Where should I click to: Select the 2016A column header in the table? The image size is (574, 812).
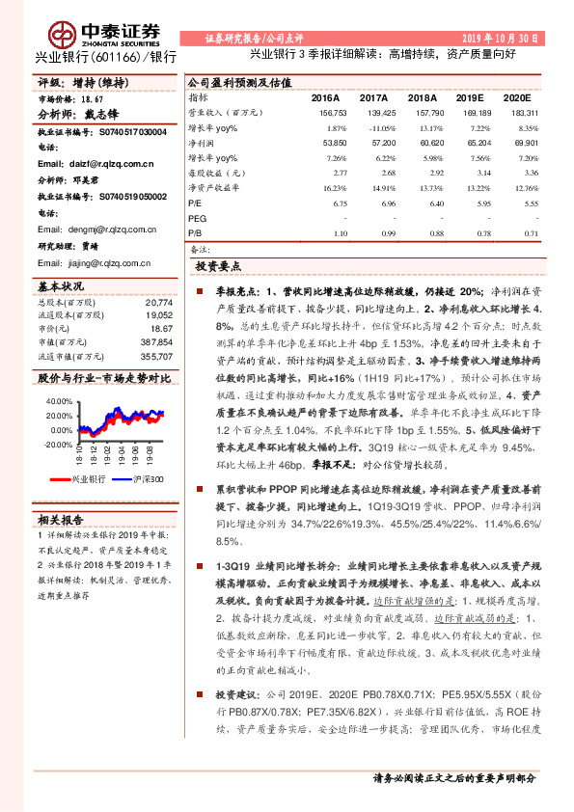click(x=326, y=98)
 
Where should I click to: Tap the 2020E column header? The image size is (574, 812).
click(x=517, y=98)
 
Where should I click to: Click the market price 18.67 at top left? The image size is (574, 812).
click(x=90, y=98)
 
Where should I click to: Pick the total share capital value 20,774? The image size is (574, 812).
click(x=157, y=302)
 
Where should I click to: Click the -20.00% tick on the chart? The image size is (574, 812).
click(x=59, y=445)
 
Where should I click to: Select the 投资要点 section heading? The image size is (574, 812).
click(x=218, y=265)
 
